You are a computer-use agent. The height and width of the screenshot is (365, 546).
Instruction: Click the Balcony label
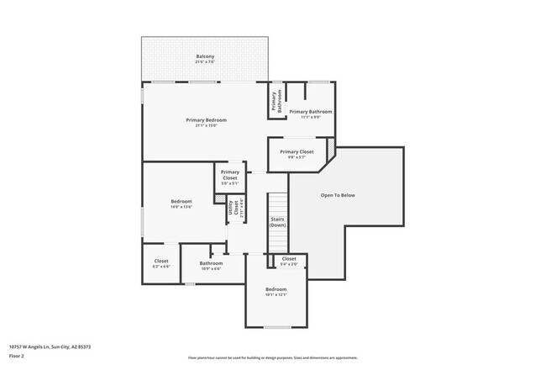pos(206,56)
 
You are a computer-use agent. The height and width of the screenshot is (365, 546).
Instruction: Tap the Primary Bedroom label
pos(206,120)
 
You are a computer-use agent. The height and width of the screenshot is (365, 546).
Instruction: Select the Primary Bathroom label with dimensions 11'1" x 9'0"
pos(310,112)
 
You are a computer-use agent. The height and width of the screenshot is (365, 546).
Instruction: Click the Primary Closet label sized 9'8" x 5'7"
pos(297,152)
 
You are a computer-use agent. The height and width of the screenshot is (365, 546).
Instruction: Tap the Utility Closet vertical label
pos(232,209)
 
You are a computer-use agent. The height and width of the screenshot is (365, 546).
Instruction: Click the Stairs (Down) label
pos(277,222)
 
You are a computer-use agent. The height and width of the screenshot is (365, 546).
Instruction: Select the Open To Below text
pos(338,195)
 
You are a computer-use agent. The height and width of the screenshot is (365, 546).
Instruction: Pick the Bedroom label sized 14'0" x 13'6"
pos(181,201)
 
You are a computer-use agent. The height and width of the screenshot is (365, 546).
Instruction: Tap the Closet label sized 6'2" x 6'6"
pos(161,262)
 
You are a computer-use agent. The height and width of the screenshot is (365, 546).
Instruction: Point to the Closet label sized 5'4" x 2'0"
pos(288,258)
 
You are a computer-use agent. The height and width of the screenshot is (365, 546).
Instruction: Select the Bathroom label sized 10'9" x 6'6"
pos(211,263)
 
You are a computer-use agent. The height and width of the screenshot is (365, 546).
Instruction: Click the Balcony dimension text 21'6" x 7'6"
pos(206,62)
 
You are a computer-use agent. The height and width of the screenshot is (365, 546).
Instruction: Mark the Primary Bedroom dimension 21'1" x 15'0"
pos(206,126)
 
